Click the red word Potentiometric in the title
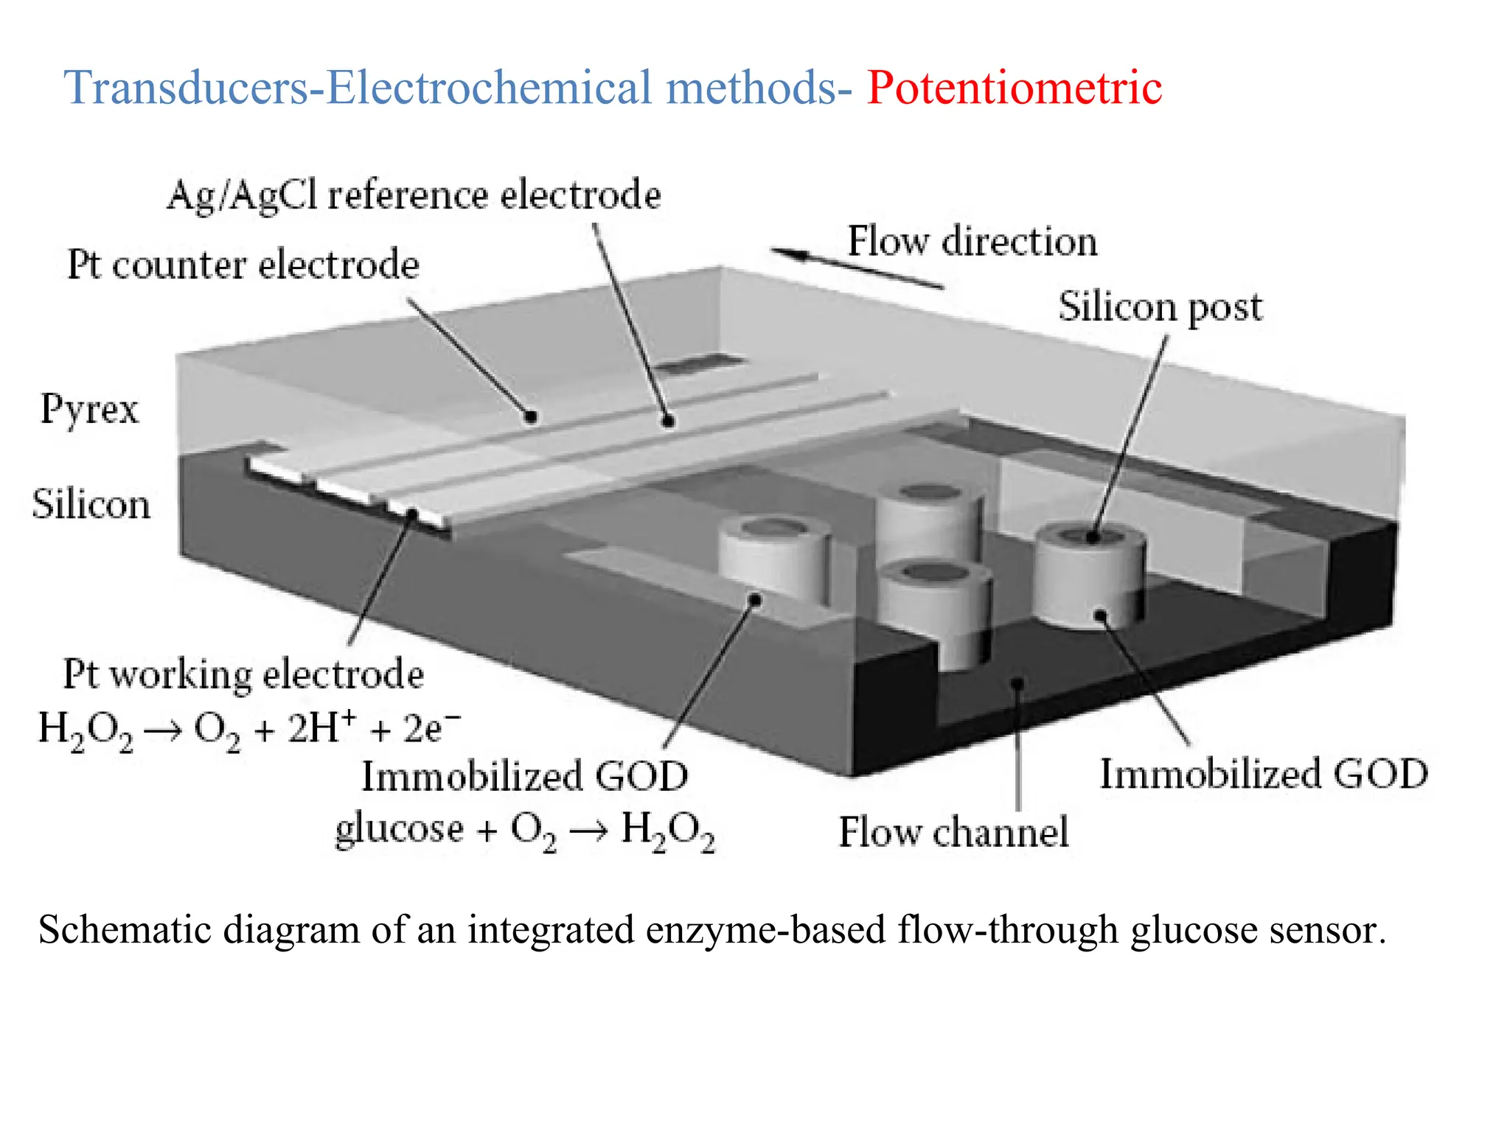point(1014,88)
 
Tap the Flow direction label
point(972,242)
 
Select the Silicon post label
point(1160,307)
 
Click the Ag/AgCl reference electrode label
point(414,196)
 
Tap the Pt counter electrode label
point(243,265)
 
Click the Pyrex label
point(89,409)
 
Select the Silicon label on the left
point(91,506)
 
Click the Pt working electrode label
point(243,674)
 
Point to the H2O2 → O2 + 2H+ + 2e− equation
point(249,730)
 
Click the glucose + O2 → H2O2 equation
point(525,831)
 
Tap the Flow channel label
point(953,833)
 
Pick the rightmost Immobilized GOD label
point(1264,775)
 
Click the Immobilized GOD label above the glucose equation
point(525,777)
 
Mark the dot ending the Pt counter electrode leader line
point(531,417)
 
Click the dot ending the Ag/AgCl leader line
point(668,422)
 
